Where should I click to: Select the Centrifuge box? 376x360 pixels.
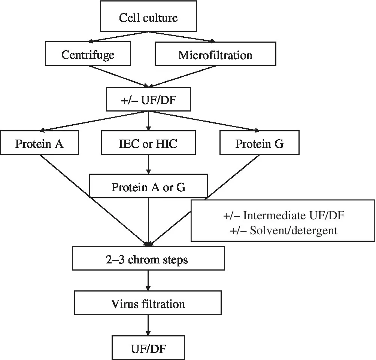pyautogui.click(x=88, y=55)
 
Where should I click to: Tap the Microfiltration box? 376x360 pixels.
pyautogui.click(x=215, y=55)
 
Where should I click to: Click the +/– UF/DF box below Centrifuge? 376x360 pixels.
pyautogui.click(x=148, y=100)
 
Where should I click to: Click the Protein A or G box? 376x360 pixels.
pyautogui.click(x=148, y=187)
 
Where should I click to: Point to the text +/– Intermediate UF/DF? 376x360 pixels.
pyautogui.click(x=283, y=216)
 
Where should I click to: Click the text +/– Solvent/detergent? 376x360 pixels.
pyautogui.click(x=283, y=230)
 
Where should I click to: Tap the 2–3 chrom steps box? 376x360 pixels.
pyautogui.click(x=148, y=259)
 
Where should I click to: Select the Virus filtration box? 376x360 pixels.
pyautogui.click(x=148, y=303)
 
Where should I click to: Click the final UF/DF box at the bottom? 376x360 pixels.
pyautogui.click(x=148, y=348)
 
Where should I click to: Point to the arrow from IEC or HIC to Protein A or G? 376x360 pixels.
pyautogui.click(x=148, y=165)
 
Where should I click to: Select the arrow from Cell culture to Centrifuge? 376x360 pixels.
pyautogui.click(x=116, y=37)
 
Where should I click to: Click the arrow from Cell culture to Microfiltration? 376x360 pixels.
pyautogui.click(x=182, y=37)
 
